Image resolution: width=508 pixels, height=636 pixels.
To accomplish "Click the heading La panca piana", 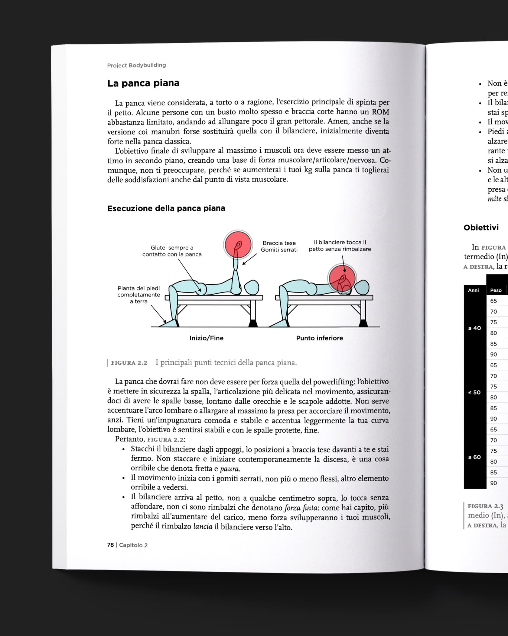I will point(143,83).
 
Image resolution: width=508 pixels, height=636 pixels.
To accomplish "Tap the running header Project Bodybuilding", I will point(136,65).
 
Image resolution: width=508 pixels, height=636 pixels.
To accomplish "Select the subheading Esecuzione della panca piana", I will point(166,208).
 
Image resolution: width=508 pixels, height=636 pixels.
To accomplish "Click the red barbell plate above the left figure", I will point(238,245).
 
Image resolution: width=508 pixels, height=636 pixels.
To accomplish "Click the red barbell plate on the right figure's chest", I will point(342,278).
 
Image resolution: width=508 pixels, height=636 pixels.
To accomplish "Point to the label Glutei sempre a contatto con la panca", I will point(172,251).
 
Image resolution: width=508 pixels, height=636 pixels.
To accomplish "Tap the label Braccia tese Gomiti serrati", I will point(279,246).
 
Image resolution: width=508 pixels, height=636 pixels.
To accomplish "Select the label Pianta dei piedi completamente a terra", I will point(138,295).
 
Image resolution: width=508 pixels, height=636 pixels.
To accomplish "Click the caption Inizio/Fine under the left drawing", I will point(206,338).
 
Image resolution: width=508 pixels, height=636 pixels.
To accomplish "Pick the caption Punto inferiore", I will point(319,338).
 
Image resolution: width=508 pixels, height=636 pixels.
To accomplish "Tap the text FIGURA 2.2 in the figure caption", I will point(129,363).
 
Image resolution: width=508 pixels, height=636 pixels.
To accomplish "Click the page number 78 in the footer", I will point(110,545).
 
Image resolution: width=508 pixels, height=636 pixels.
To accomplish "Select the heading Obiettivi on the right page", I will point(481,227).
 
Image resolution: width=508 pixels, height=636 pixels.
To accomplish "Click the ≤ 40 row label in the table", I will point(474,328).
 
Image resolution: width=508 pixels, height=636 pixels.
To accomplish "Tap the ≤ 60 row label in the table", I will point(474,457).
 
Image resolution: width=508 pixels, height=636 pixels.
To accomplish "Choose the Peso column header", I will point(496,290).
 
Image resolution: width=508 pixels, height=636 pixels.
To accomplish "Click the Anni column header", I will point(473,290).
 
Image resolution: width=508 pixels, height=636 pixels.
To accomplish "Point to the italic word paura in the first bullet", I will point(230,469).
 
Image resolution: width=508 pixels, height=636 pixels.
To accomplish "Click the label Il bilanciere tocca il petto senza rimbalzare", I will point(340,246).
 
